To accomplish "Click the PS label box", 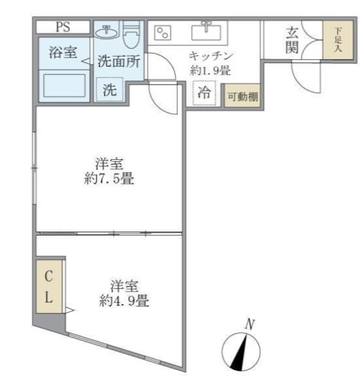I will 63,27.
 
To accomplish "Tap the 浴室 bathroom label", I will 63,53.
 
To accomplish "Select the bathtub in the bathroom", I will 64,85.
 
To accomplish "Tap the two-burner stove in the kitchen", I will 162,32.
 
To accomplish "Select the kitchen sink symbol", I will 207,31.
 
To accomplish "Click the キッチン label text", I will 211,56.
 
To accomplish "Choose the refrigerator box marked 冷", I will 204,93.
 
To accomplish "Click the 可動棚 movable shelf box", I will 241,97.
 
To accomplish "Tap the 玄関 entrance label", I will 292,41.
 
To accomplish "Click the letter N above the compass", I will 248,323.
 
